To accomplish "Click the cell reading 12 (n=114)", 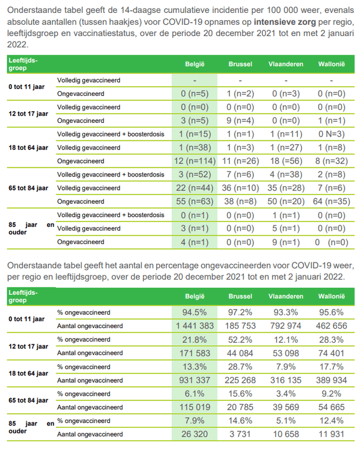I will point(194,161).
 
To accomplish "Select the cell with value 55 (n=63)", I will point(194,201).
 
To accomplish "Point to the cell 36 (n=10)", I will point(239,188).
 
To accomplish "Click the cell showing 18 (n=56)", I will point(286,161).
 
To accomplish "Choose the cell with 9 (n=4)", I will point(239,120).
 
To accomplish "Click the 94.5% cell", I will point(194,312).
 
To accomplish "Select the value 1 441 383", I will point(194,326).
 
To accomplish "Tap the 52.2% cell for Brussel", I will point(239,339).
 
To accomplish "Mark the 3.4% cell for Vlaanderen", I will point(286,393).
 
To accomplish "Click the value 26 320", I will point(194,434).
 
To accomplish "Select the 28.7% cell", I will point(239,366).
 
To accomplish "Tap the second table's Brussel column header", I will point(239,297).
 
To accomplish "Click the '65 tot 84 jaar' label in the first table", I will point(26,188).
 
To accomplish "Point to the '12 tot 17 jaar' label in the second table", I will point(26,346).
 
